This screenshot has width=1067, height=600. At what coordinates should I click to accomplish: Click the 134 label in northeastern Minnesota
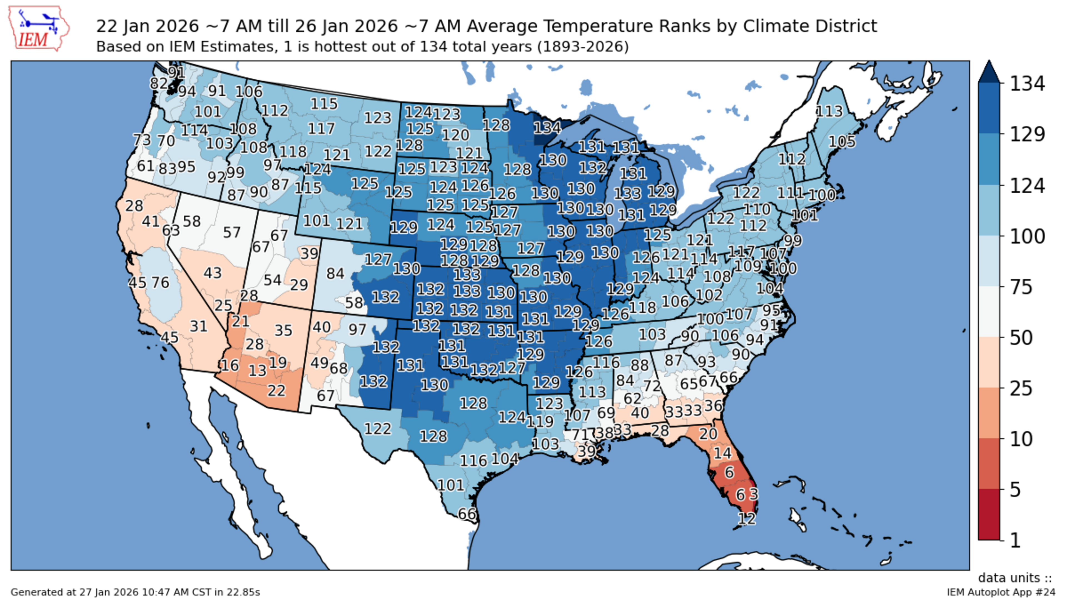coord(547,128)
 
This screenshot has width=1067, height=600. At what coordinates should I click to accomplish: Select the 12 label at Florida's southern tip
coord(747,518)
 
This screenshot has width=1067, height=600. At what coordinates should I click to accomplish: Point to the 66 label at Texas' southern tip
coord(467,514)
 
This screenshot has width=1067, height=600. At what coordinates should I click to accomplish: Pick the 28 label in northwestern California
coord(134,206)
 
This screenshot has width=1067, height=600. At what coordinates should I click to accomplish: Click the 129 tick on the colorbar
coord(1027,134)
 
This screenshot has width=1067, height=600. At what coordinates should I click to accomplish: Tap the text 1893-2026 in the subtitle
coord(582,46)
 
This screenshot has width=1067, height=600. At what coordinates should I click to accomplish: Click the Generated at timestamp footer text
coord(135,592)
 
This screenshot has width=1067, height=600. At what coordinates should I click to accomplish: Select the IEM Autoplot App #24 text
coord(1000,592)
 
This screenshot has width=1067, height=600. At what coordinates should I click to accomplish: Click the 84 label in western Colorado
coord(335,273)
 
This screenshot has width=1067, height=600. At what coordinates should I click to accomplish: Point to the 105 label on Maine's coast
coord(842,142)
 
